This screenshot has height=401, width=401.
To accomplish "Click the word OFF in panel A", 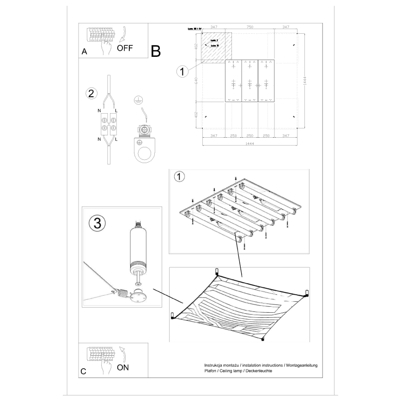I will tap(125, 47).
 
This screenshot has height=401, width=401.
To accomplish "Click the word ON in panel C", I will tap(123, 368).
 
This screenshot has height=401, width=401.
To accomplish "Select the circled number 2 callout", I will tap(91, 93).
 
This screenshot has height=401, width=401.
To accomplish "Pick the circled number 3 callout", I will tap(97, 223).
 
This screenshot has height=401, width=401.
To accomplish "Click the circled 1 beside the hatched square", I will tap(183, 72).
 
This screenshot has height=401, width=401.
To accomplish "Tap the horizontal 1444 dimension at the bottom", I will tap(249, 144).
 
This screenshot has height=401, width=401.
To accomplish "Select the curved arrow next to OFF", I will tap(122, 33).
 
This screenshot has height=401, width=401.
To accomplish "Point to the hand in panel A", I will tap(108, 45).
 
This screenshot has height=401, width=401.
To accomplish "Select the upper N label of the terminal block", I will tap(99, 111).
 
